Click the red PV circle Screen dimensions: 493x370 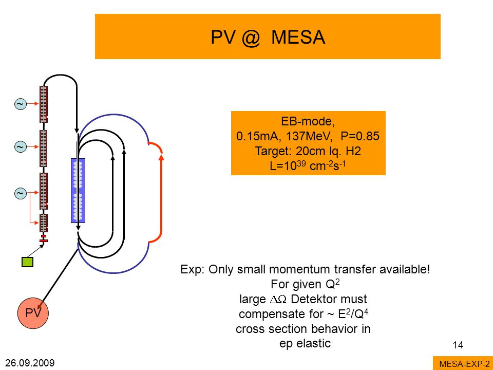coord(33,313)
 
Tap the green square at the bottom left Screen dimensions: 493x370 coord(27,262)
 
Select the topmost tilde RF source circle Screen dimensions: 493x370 coord(21,104)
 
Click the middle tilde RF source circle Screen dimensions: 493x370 coord(21,146)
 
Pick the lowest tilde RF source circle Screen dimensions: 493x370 coord(21,193)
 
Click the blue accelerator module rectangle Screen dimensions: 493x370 coord(78,190)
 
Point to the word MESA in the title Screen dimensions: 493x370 coord(298,37)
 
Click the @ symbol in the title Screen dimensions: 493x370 coord(251,38)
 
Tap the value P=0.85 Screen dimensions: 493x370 coord(360,136)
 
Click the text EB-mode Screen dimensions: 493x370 coord(308,121)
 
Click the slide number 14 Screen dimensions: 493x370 coord(458,345)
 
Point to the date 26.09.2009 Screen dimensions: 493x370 coord(30,363)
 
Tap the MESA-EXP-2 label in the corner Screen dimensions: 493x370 coord(464,364)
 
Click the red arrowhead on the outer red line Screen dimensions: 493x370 coord(161,157)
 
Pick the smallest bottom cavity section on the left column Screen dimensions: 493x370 coord(44,223)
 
